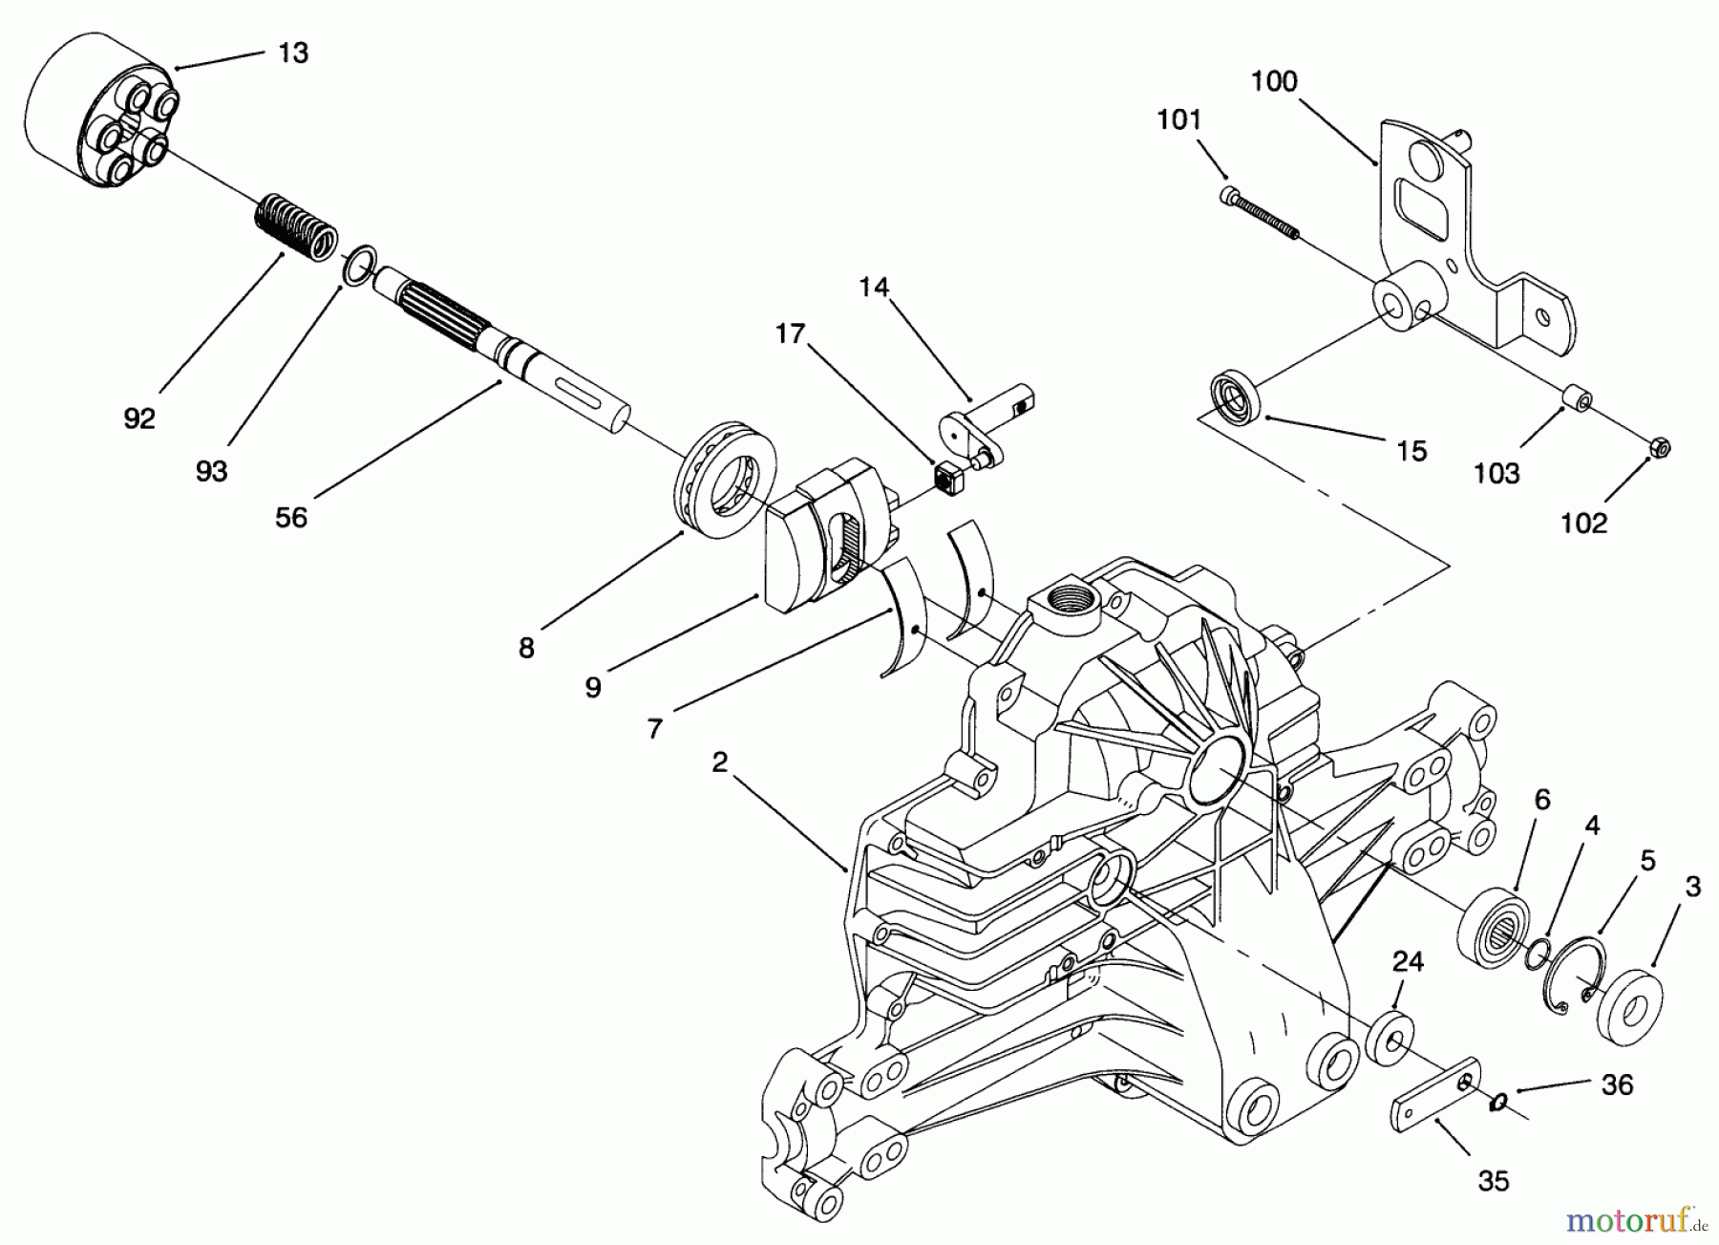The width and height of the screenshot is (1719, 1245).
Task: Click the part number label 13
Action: coord(293,54)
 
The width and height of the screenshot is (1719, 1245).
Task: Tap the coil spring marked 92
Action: coord(296,225)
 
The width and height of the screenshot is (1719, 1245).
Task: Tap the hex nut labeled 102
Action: coord(1660,446)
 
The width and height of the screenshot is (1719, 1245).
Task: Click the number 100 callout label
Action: coord(1274,81)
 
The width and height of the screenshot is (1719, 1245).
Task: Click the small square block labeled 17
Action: coord(948,477)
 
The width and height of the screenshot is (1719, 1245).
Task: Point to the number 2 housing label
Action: coord(719,762)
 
